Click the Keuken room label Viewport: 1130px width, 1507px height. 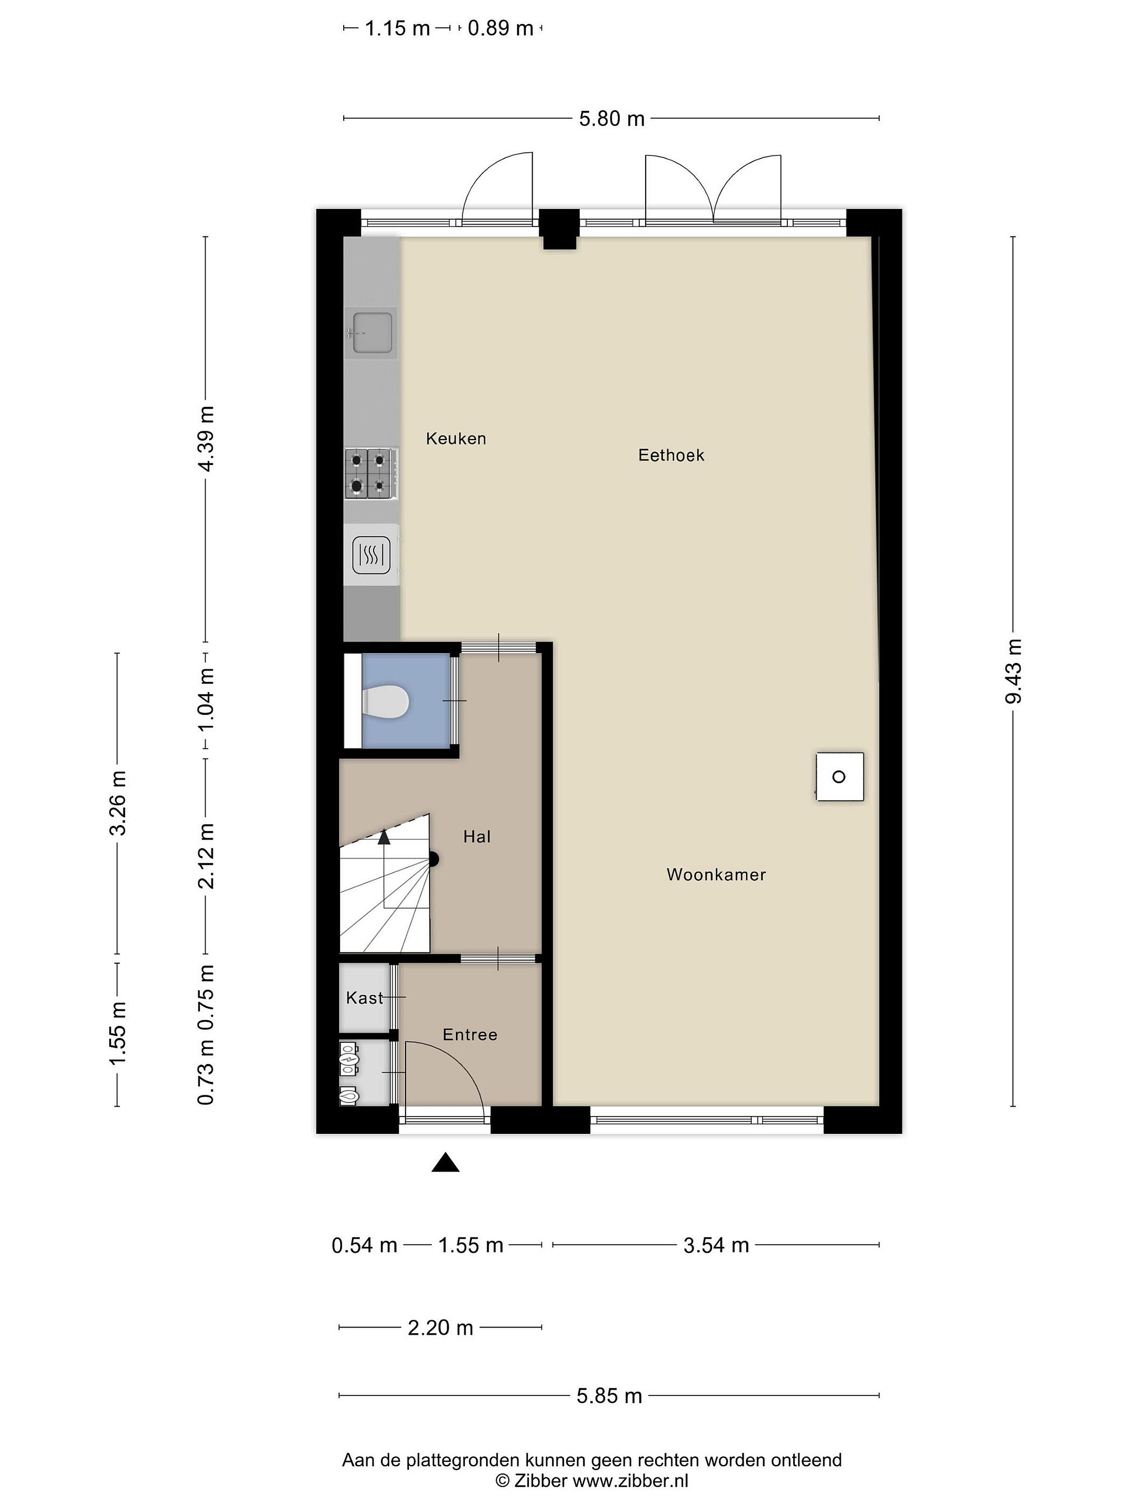(456, 438)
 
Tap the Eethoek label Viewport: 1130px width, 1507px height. (671, 455)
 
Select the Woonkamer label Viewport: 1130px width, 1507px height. (716, 875)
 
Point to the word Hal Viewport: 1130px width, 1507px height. (477, 837)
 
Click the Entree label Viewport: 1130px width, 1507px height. (470, 1035)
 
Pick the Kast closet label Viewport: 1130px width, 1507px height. (365, 998)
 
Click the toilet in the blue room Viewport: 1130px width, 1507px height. (385, 701)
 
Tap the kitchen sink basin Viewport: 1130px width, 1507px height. (372, 332)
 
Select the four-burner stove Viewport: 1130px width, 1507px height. (371, 474)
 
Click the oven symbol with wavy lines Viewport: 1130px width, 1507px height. (371, 555)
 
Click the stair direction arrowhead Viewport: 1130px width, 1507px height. (384, 837)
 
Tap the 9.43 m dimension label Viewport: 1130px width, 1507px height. (1013, 671)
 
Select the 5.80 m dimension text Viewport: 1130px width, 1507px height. (612, 119)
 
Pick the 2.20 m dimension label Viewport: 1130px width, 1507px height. (440, 1327)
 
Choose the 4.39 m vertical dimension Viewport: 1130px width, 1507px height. (205, 438)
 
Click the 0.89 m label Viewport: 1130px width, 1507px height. (500, 28)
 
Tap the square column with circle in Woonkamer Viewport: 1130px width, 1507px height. (840, 777)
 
